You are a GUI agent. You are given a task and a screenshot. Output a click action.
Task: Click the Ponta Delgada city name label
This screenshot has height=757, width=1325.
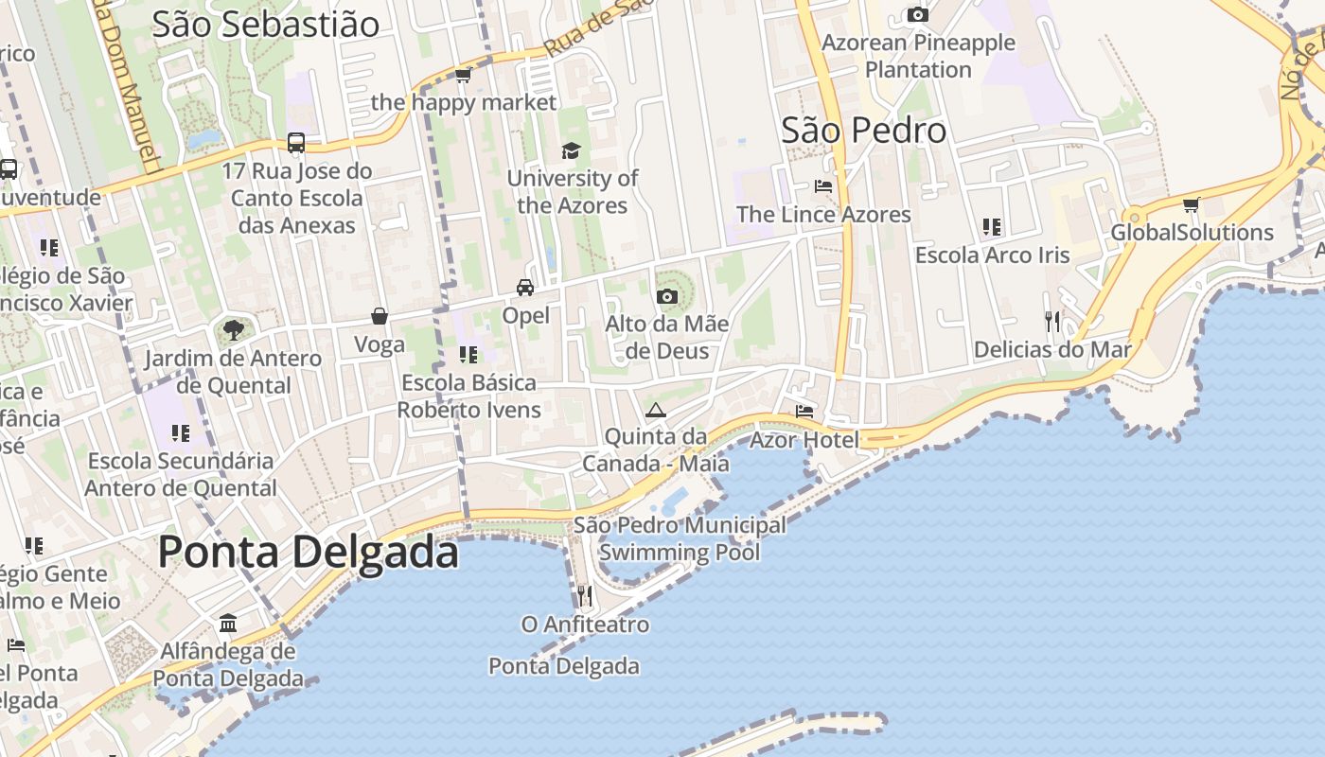point(308,552)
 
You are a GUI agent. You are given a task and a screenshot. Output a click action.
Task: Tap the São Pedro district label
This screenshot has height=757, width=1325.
point(863,131)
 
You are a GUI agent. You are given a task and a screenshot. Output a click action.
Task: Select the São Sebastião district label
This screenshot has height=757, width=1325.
point(265,25)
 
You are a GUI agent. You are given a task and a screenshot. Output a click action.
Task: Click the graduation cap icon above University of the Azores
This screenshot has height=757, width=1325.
point(571,150)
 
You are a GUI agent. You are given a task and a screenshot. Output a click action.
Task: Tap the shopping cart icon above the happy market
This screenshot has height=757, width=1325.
point(463,75)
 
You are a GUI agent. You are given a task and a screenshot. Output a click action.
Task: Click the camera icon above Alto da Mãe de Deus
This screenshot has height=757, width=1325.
point(667,296)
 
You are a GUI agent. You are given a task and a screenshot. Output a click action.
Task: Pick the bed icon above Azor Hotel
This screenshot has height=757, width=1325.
point(804,412)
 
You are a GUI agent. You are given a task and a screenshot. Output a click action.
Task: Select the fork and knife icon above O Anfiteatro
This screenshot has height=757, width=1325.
point(585,596)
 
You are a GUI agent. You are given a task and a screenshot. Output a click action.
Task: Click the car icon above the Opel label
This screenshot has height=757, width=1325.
point(525,288)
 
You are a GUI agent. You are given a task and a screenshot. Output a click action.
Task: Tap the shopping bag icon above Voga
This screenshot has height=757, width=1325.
point(380,316)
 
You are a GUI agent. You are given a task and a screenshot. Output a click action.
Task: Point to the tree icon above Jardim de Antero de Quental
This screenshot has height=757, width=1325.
point(233,330)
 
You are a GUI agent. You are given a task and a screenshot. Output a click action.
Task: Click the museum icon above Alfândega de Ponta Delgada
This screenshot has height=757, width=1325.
point(228,624)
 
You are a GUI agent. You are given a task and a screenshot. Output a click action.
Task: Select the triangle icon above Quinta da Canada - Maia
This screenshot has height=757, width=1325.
point(655,410)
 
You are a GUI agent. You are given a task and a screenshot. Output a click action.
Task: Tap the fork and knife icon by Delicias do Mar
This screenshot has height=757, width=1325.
point(1052,322)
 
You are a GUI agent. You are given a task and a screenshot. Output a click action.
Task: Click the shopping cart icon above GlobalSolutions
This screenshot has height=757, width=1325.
point(1192,204)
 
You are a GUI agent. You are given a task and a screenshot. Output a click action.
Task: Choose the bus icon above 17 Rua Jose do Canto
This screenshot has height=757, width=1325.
point(296,143)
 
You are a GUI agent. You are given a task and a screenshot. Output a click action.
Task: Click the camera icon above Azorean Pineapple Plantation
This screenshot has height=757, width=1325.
point(917,14)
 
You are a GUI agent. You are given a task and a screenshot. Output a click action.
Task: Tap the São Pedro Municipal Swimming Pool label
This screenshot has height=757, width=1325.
point(680,538)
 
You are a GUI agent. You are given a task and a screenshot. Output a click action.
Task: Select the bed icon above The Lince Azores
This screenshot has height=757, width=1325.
point(823,186)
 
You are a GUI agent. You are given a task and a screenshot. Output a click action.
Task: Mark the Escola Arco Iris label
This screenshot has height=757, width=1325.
point(992,255)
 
